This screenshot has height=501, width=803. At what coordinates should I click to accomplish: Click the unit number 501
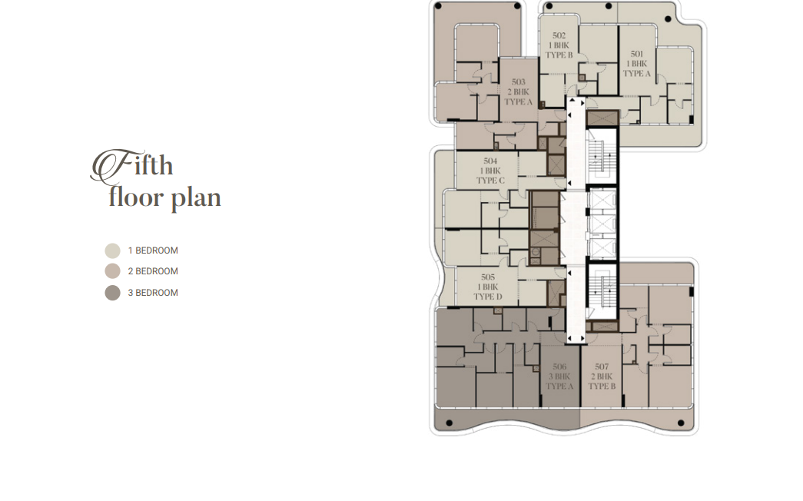coord(636,54)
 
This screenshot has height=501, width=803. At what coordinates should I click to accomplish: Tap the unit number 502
coord(559,35)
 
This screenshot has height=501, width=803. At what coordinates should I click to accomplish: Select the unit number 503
coord(518,82)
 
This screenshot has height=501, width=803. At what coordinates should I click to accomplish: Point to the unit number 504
coord(490,161)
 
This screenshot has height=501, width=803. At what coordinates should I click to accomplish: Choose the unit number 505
coord(487,277)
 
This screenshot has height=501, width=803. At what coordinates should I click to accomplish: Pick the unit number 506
coord(559,367)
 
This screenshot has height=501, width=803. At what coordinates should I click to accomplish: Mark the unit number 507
coord(602,367)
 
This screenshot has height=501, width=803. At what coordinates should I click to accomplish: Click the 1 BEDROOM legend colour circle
coord(113,251)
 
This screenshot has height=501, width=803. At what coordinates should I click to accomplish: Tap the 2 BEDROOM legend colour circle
coord(113,271)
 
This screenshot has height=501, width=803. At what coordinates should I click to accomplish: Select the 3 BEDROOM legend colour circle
coord(113,293)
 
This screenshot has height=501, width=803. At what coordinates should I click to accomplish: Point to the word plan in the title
coord(195,198)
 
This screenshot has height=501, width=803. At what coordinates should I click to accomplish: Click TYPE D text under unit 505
coord(487,297)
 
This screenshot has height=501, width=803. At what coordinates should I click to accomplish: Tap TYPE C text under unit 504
coord(490,181)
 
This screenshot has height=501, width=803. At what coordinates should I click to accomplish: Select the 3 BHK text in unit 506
coord(559,377)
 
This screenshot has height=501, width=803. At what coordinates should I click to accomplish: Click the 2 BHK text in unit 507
coord(602,377)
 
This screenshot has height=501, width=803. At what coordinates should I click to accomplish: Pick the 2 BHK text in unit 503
coord(518,91)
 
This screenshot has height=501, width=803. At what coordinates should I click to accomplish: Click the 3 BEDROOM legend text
coord(153,293)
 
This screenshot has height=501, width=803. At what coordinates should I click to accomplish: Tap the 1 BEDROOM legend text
coord(153,250)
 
